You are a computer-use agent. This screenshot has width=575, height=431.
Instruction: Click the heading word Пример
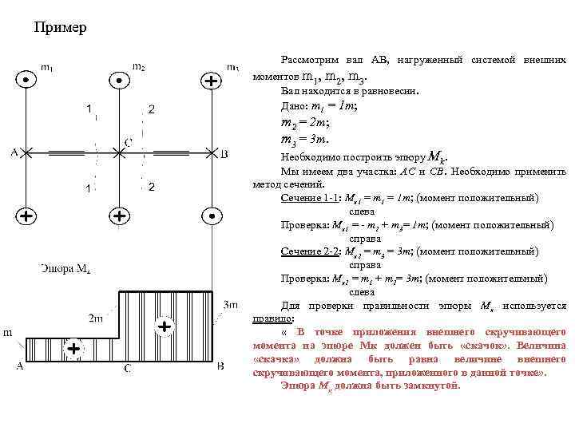pos(61,29)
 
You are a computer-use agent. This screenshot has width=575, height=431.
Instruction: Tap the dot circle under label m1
pos(26,81)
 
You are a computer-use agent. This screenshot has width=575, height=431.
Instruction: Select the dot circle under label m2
pos(118,81)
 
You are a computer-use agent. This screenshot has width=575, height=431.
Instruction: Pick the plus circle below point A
pos(26,215)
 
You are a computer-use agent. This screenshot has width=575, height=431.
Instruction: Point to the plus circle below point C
pos(118,215)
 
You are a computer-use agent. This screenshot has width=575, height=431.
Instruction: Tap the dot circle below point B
pos(211,215)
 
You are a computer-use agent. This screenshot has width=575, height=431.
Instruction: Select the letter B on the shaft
pos(224,153)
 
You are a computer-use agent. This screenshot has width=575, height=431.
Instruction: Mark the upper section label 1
pos(89,107)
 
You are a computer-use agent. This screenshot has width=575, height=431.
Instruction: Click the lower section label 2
pos(151,188)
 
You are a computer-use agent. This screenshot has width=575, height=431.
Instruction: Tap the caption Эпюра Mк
pos(68,267)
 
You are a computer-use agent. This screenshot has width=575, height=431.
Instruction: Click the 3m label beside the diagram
pos(231,304)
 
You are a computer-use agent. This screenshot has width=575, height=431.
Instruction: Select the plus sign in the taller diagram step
pos(165,326)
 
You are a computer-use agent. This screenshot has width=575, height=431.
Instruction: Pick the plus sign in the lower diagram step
pos(73,349)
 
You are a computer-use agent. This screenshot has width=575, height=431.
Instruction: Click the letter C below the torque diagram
pos(126,368)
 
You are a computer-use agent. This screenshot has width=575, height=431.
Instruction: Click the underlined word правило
pos(268,318)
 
